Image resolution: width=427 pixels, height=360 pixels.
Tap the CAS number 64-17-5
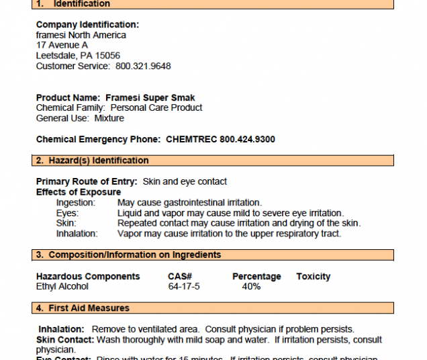point(184,286)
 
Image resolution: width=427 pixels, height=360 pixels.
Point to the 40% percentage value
point(251,286)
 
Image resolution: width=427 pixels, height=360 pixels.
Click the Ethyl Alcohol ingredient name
point(62,286)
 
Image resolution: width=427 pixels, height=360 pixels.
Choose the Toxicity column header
point(313,276)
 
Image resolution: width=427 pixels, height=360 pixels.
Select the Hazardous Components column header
point(88,276)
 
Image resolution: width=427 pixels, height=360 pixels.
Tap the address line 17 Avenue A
point(62,45)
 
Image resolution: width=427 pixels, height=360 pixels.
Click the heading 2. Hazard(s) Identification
point(92,161)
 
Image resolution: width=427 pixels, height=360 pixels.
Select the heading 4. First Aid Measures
point(83,308)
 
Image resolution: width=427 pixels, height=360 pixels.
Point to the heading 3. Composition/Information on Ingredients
point(128,255)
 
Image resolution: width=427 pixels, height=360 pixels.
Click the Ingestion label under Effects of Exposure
point(75,202)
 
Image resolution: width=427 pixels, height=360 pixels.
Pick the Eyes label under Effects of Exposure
point(67,213)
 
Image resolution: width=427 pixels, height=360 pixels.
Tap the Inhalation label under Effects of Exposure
point(77,234)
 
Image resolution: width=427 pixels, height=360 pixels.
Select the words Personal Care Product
point(156,107)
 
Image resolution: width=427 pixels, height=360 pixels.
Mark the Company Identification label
point(87,25)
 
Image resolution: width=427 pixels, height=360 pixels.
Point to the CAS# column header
point(180,276)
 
